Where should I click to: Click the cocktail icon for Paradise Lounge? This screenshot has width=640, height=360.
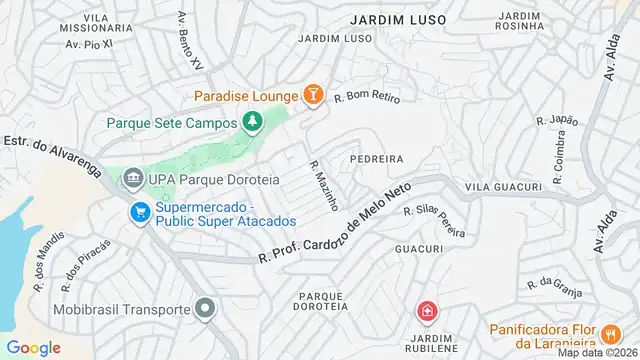click(313, 95)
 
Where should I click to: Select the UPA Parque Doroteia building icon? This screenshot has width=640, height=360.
click(132, 180)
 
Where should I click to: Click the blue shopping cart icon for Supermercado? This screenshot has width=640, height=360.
click(138, 212)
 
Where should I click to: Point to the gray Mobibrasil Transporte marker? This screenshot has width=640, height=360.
click(205, 309)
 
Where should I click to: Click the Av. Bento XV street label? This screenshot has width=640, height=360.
click(189, 39)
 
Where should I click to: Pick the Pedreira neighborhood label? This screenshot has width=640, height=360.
click(376, 158)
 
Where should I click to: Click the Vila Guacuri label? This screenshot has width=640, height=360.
click(503, 187)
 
